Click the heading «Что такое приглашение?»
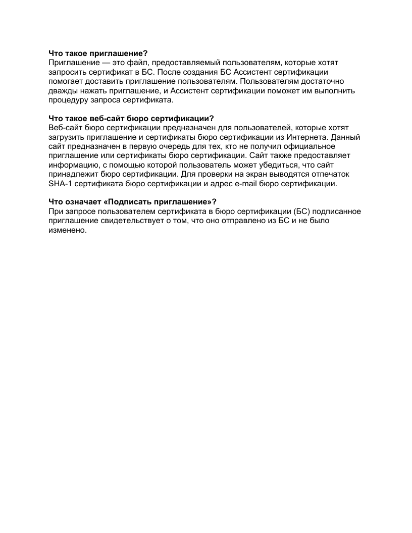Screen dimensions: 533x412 pyautogui.click(x=97, y=53)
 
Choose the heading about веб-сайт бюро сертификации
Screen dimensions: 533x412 pyautogui.click(x=132, y=119)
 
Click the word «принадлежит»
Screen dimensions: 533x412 pyautogui.click(x=74, y=175)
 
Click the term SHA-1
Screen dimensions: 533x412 pyautogui.click(x=59, y=184)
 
